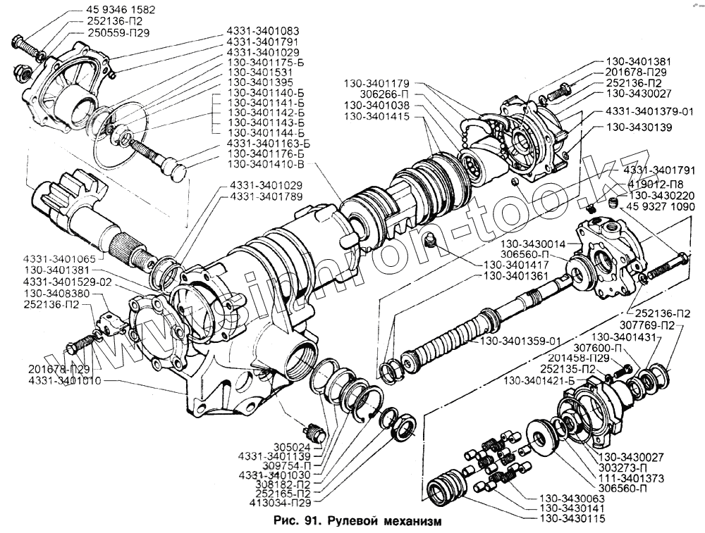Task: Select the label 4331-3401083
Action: click(263, 32)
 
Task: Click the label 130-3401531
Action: click(263, 73)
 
